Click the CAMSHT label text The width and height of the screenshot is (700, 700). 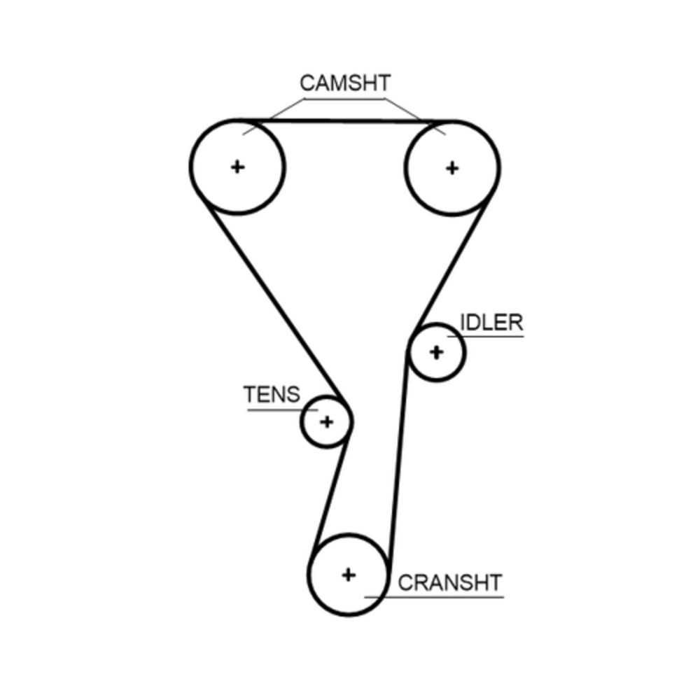click(x=344, y=83)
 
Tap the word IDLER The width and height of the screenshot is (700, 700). click(x=491, y=323)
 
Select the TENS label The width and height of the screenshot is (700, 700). click(x=272, y=395)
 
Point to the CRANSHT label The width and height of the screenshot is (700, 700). click(x=450, y=582)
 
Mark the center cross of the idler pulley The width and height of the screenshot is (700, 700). click(x=436, y=351)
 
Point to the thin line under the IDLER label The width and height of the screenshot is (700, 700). click(x=490, y=337)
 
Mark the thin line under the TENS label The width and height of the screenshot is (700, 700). click(x=276, y=409)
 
